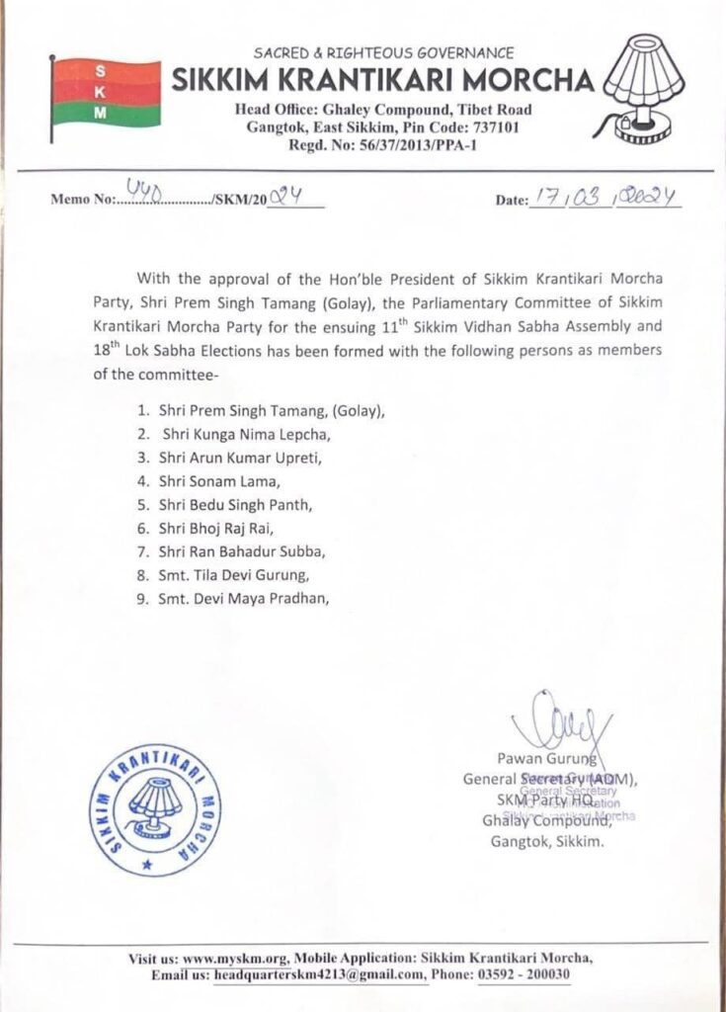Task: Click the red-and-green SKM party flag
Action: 104,93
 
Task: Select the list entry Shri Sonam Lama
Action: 210,482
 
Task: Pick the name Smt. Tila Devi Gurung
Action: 236,575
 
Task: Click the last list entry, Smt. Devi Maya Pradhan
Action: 243,599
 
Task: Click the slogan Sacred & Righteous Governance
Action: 383,52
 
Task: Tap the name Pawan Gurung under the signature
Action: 560,759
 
